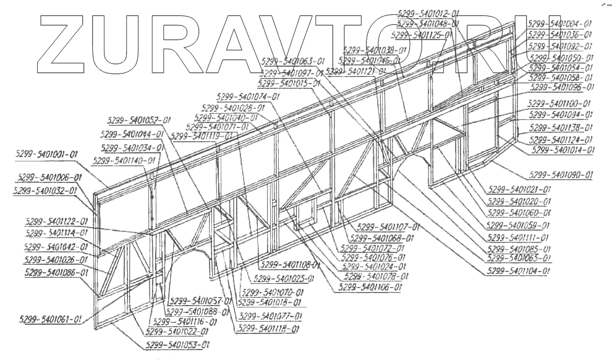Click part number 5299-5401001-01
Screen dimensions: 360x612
click(x=48, y=154)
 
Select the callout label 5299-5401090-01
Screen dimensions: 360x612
click(x=561, y=175)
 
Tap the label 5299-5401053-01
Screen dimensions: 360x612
click(x=177, y=345)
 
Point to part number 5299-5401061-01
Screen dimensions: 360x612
click(x=50, y=320)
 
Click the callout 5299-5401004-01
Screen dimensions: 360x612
click(x=561, y=24)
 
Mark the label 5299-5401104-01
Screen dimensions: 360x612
click(x=519, y=272)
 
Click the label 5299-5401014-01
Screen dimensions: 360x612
click(x=563, y=150)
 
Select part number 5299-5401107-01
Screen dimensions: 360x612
click(x=389, y=226)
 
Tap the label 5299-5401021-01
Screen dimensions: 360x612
click(x=519, y=190)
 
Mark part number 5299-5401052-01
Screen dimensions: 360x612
click(x=139, y=120)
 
